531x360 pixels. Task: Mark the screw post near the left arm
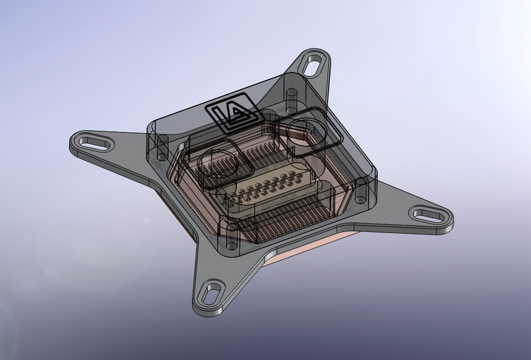[163, 149]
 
